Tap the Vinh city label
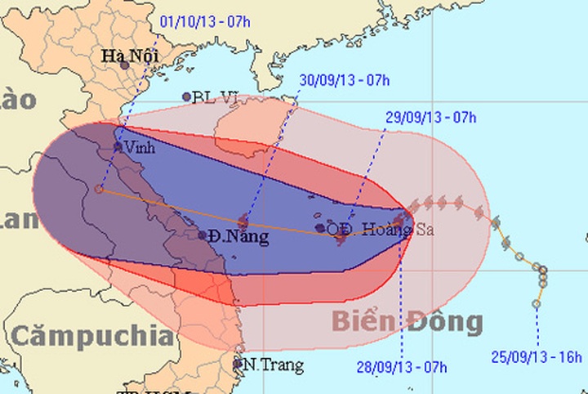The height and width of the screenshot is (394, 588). tap(140, 148)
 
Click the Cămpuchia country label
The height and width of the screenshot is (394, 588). tap(92, 335)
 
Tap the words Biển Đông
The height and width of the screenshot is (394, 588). tap(407, 322)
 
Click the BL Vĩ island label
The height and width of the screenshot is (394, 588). tap(215, 97)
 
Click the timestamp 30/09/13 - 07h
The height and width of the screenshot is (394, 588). tap(344, 80)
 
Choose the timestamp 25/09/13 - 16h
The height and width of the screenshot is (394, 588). tap(537, 356)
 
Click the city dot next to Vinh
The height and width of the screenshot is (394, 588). tap(118, 147)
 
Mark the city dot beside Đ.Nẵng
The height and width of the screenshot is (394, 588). tap(203, 235)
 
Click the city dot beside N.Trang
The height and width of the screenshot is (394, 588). tap(238, 363)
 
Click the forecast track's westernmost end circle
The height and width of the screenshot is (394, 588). tap(99, 189)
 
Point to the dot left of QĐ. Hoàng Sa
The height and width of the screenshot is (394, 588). tap(320, 228)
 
